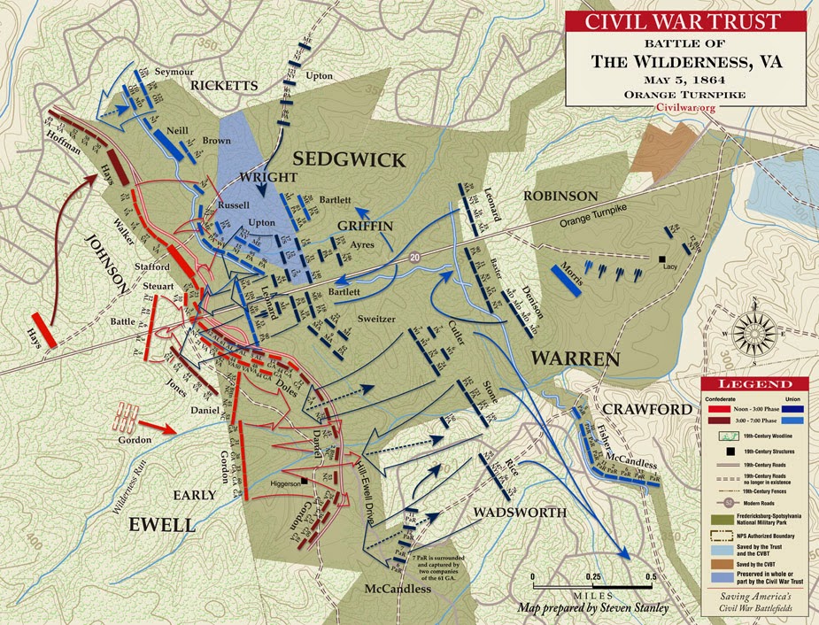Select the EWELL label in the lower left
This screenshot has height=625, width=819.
pyautogui.click(x=162, y=524)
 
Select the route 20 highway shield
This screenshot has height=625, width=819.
pyautogui.click(x=414, y=257)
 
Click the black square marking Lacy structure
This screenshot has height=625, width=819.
pyautogui.click(x=661, y=259)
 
